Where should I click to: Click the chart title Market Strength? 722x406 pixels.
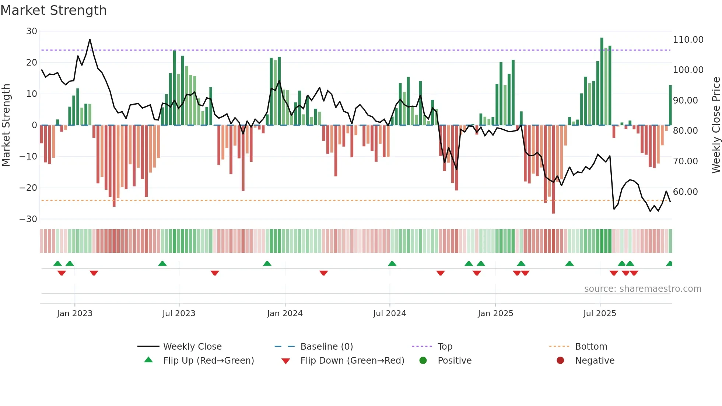pyautogui.click(x=53, y=10)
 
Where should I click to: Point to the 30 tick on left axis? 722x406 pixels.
pyautogui.click(x=32, y=31)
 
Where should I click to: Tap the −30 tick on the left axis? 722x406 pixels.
pyautogui.click(x=28, y=219)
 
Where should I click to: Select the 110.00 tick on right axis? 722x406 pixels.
pyautogui.click(x=688, y=40)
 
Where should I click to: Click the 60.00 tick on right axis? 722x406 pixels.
pyautogui.click(x=685, y=192)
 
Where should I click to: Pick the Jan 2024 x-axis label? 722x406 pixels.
pyautogui.click(x=285, y=314)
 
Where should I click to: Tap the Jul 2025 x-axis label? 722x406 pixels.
pyautogui.click(x=599, y=314)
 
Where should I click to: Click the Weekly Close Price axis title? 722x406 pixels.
pyautogui.click(x=716, y=125)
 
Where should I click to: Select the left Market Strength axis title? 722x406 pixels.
pyautogui.click(x=6, y=125)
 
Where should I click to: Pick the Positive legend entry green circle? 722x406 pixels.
pyautogui.click(x=423, y=361)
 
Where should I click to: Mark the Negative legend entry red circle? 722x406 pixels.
pyautogui.click(x=560, y=361)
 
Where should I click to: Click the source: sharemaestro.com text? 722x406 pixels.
pyautogui.click(x=642, y=289)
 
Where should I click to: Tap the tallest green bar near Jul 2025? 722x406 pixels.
pyautogui.click(x=602, y=81)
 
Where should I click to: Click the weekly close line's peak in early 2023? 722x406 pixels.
pyautogui.click(x=90, y=39)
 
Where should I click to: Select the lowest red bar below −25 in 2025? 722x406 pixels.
pyautogui.click(x=553, y=169)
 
